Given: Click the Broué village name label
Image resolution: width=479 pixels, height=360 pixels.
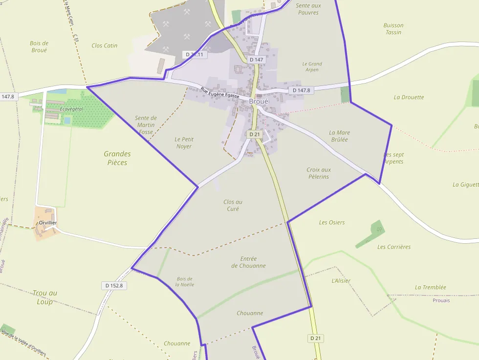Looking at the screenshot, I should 259,101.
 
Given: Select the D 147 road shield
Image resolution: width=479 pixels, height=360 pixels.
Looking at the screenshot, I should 256,60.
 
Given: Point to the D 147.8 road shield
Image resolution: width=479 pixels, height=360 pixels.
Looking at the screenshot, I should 302,90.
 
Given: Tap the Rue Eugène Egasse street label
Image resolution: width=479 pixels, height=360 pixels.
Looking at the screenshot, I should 220,92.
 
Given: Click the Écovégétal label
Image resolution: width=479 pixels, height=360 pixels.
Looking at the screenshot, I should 71,109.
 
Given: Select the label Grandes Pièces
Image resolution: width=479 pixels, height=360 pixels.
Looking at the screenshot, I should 117,158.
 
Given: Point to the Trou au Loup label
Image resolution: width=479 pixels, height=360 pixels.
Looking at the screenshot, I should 45,297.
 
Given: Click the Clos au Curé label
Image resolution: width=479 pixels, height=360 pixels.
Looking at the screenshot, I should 233,205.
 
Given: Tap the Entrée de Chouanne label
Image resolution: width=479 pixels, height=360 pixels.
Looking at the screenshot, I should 248,262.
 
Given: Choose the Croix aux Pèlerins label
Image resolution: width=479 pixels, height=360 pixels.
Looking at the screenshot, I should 319,173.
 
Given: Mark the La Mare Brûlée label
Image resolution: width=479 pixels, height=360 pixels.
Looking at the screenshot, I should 339,136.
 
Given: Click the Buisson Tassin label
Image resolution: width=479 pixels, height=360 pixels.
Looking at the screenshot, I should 393,29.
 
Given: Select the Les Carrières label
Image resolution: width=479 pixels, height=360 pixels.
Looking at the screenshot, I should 394,247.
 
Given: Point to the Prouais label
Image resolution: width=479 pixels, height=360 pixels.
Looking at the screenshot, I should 441,300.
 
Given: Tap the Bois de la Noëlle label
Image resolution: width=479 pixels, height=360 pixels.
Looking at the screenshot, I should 185,281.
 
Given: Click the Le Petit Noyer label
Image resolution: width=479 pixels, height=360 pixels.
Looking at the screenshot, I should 183,143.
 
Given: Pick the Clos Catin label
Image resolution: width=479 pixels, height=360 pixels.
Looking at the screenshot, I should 105,45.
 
